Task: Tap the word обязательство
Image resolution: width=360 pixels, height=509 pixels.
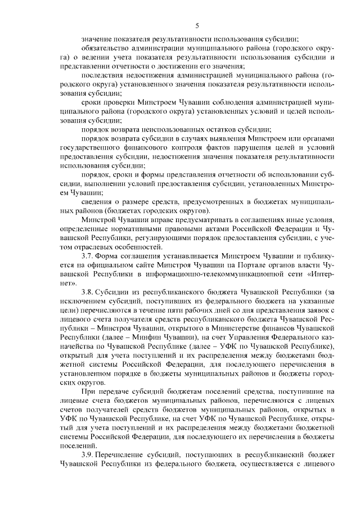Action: pos(105,48)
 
